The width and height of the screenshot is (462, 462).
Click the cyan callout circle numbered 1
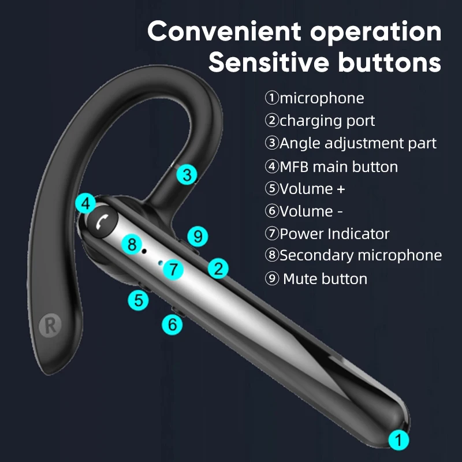click(x=398, y=440)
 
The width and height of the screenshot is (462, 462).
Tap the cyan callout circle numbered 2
click(x=218, y=268)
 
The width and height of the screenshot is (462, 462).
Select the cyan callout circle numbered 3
click(x=186, y=174)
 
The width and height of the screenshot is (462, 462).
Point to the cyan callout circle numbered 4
click(x=86, y=204)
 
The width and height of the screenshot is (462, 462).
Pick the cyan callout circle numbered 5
click(x=138, y=300)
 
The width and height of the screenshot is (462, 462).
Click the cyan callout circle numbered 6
click(x=172, y=324)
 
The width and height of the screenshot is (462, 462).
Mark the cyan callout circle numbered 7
click(x=173, y=269)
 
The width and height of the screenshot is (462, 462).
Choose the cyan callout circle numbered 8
click(x=132, y=244)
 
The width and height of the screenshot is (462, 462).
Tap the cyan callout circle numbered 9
click(x=198, y=236)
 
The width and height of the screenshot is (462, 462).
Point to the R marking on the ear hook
click(x=50, y=325)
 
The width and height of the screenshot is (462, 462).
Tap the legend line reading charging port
click(x=320, y=121)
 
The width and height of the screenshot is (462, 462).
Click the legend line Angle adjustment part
click(x=351, y=143)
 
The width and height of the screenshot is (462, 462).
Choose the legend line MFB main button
click(x=331, y=167)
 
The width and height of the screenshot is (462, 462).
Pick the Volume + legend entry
click(x=305, y=189)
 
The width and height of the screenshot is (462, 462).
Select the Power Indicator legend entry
click(x=327, y=234)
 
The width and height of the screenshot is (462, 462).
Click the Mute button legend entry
click(x=316, y=279)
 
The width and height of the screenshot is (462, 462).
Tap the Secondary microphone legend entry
click(x=353, y=255)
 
